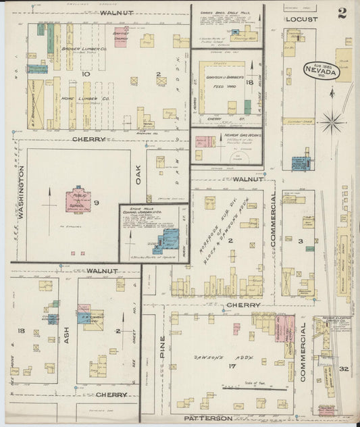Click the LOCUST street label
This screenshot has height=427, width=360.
click(x=301, y=20)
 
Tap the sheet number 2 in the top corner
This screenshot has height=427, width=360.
click(x=342, y=14)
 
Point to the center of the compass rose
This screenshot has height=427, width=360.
click(x=332, y=123)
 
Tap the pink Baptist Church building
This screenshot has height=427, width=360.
click(x=121, y=37)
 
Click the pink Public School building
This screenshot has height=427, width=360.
click(x=77, y=201)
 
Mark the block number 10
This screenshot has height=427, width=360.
click(x=85, y=73)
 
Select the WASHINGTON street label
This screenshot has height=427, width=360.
click(x=20, y=193)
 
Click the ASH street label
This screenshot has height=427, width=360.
click(x=67, y=336)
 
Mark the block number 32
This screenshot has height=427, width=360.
click(x=343, y=369)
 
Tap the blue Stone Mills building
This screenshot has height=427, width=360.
click(x=168, y=240)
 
